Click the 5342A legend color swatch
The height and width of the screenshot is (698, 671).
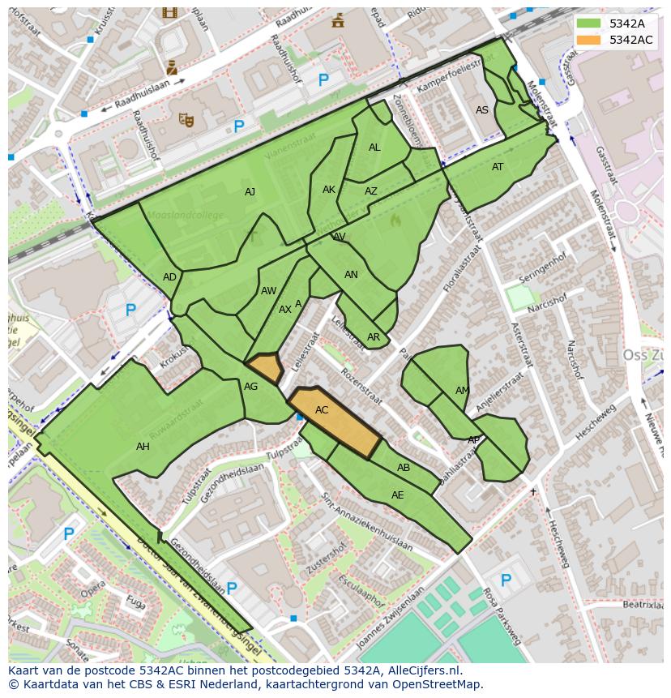coord(589,23)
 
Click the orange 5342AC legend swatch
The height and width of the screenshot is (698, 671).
coord(589,40)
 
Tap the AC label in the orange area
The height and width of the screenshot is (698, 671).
coord(322,410)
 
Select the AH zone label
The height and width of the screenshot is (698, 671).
coord(143,447)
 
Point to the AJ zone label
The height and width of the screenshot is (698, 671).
coord(250,192)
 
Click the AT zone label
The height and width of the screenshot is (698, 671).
coord(498,167)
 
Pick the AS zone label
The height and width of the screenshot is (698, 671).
coord(482,110)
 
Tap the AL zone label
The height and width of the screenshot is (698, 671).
coord(374,148)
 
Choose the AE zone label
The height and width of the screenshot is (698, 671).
coord(397,495)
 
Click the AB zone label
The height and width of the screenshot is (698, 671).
coord(404,468)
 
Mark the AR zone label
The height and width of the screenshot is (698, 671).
coord(374,337)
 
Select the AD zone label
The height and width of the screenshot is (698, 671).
coord(169,277)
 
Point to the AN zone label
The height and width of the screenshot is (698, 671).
coord(351,275)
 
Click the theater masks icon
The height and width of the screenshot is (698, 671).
coord(186,121)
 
